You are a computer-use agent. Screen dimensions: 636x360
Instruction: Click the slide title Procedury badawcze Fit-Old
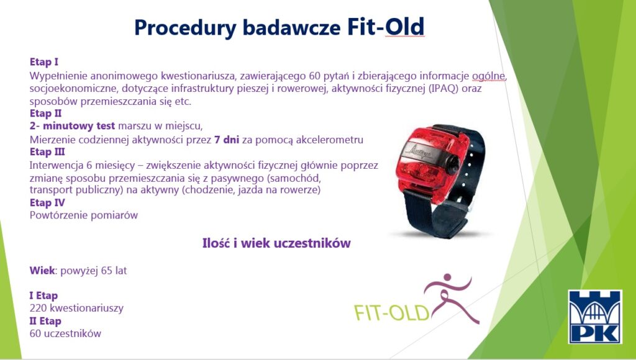279,27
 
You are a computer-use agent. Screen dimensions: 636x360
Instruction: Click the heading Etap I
44,62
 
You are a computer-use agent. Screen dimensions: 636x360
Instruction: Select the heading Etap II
45,113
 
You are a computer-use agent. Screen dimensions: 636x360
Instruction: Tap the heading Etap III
47,151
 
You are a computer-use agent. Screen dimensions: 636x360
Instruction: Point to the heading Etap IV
47,202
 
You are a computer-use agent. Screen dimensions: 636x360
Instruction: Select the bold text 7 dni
227,140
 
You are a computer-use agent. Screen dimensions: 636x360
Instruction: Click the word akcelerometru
329,140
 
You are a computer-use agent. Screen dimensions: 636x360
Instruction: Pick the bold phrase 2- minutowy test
72,126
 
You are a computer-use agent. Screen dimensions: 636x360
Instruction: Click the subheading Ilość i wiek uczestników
276,243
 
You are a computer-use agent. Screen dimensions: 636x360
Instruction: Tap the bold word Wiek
42,271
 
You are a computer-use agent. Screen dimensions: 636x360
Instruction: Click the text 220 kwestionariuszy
76,308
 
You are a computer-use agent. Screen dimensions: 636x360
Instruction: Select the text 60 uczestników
65,334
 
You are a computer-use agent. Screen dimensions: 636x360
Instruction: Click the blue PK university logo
595,317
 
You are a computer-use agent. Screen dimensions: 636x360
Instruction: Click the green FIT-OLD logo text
391,313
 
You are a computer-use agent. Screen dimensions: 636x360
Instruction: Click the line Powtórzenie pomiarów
84,215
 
